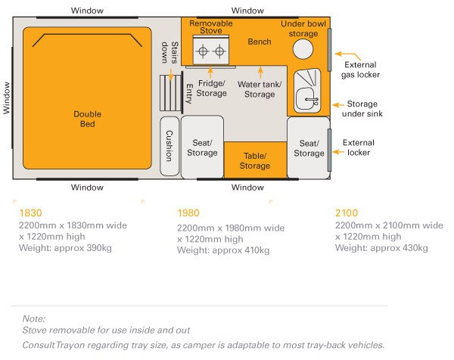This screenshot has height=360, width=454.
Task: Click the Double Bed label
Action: click(88, 119)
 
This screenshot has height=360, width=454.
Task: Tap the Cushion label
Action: click(169, 142)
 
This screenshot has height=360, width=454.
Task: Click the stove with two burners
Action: click(211, 52)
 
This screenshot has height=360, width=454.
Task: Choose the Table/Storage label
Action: click(255, 161)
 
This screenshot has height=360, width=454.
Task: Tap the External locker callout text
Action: click(358, 147)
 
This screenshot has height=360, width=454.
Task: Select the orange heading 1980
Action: click(188, 213)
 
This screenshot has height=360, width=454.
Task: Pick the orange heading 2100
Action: click(347, 213)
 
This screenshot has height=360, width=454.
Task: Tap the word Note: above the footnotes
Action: click(34, 319)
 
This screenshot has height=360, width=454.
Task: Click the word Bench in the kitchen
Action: click(260, 41)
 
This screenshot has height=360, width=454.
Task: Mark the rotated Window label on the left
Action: click(7, 98)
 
